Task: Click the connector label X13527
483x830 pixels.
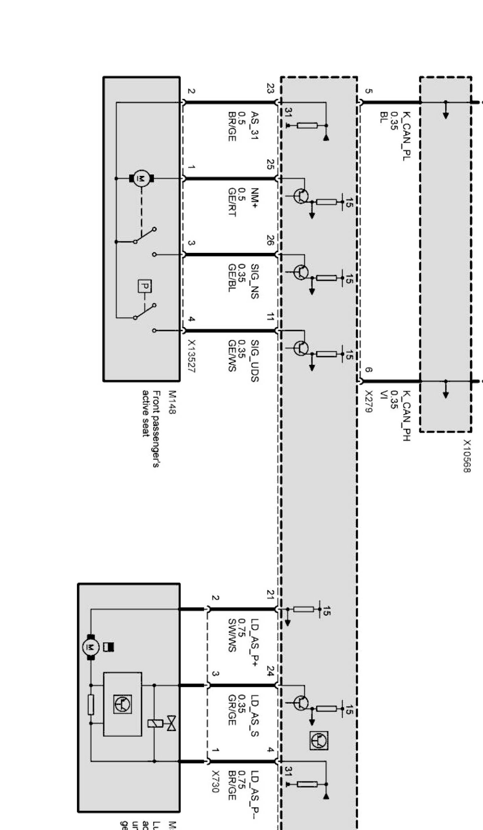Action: (x=191, y=357)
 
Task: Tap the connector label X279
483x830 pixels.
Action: (x=368, y=402)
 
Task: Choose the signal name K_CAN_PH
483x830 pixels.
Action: (x=406, y=416)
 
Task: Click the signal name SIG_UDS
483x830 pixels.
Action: (x=254, y=360)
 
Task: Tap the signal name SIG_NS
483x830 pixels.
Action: (x=254, y=281)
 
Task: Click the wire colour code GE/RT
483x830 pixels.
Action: (x=232, y=201)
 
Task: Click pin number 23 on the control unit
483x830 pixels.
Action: (x=270, y=88)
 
